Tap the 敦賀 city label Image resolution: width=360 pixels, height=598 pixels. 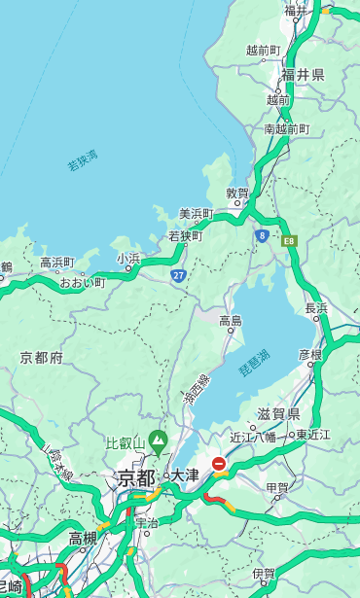pos(237,193)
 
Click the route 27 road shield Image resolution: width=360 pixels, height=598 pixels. pos(179,276)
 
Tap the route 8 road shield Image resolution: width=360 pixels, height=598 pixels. pos(262,235)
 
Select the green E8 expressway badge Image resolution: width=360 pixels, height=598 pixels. pos(289,240)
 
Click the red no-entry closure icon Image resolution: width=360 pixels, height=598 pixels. pos(219,465)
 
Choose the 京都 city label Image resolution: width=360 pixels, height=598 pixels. pos(136,477)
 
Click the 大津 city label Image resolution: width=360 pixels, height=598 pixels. pos(184,475)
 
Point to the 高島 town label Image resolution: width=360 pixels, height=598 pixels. pos(231,321)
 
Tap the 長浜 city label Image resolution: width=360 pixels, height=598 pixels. pos(316,308)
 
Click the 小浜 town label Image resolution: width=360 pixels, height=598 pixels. pos(128,258)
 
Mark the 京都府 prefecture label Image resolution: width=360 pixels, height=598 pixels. pos(41,358)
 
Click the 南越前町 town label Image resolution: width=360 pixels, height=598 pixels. pos(286,128)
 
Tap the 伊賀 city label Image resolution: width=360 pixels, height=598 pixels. pos(263,574)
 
